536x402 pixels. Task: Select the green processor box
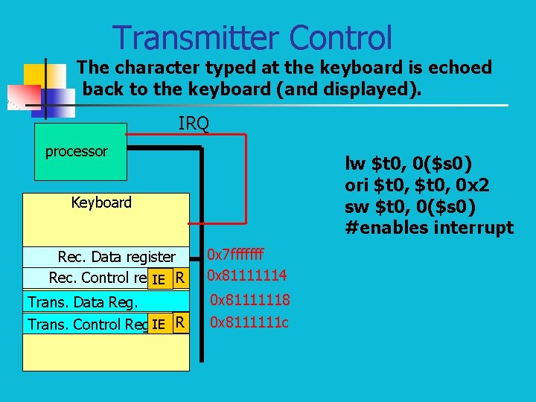80,152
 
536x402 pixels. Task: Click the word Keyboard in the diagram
101,202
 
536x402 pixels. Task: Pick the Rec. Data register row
116,258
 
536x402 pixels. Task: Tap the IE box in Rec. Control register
158,279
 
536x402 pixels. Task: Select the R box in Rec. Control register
179,278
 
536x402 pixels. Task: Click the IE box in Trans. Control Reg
158,324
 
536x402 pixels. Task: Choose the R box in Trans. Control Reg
179,323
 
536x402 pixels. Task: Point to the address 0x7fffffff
235,256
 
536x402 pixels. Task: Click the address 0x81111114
246,276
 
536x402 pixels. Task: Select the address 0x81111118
250,300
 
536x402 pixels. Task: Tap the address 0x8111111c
250,323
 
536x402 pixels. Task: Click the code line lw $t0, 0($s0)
406,163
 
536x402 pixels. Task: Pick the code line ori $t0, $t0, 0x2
417,185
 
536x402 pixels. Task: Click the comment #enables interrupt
429,228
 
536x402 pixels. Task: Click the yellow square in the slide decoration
35,75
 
